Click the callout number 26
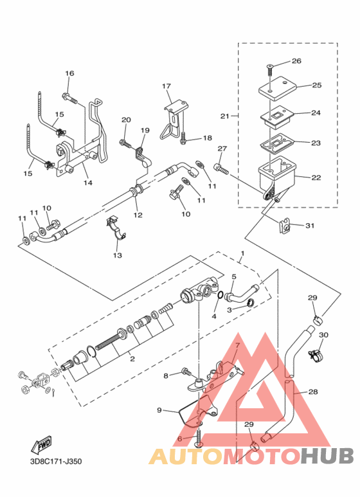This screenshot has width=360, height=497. (296, 60)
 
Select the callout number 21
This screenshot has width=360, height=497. (225, 116)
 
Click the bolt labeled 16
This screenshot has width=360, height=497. (70, 98)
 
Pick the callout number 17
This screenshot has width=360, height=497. (166, 86)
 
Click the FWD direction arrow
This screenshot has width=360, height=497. (41, 445)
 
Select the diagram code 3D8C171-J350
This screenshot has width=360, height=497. (56, 461)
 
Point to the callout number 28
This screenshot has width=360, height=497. (313, 392)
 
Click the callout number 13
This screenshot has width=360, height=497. (117, 255)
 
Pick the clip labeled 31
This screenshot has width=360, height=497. (285, 226)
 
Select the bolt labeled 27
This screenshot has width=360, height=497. (221, 169)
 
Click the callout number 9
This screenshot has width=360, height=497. (159, 410)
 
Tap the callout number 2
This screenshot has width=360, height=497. (132, 359)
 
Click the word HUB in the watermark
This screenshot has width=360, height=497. (327, 456)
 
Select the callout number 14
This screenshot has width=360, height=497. (88, 183)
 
